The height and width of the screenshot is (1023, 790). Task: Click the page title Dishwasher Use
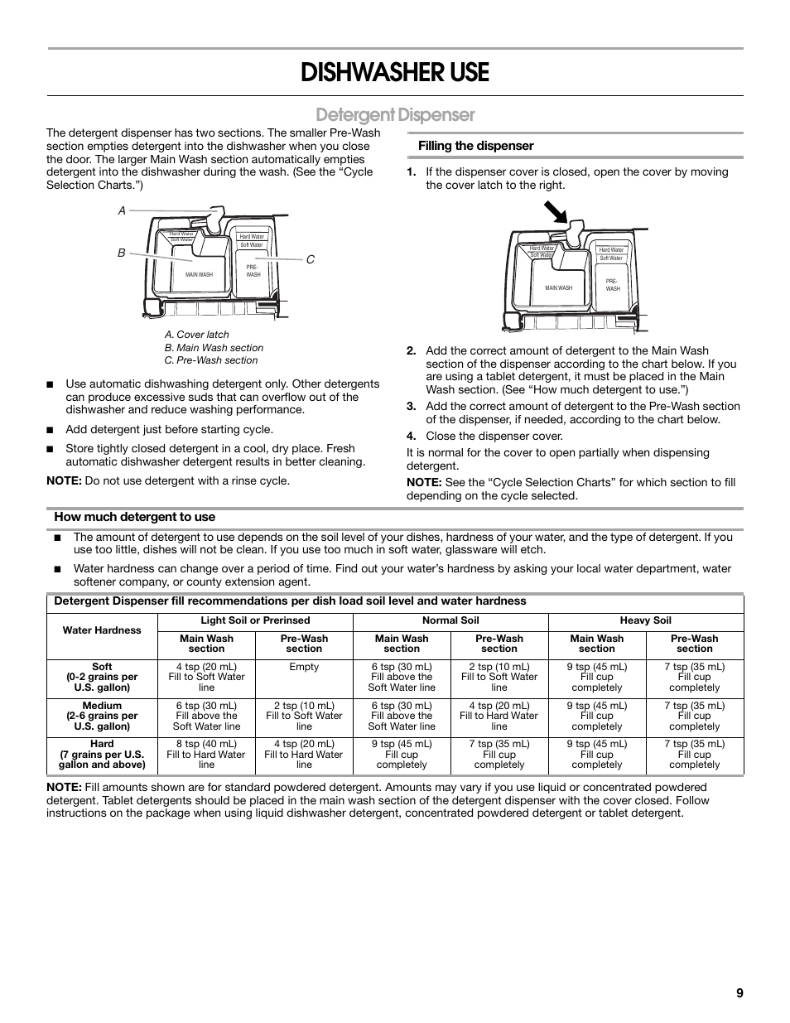pos(395,73)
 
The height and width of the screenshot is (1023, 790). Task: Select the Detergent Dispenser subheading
pos(395,114)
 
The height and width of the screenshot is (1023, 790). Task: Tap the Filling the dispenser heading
pos(475,146)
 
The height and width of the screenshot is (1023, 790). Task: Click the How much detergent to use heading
pos(134,517)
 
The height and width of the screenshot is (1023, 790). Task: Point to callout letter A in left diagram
pos(122,211)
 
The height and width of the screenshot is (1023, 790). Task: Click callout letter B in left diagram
pos(121,253)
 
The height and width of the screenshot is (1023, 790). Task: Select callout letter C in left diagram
pos(311,259)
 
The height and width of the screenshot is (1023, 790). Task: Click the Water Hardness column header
pos(102,630)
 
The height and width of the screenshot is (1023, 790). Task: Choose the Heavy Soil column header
pos(645,620)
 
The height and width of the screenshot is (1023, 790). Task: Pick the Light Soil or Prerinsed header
pos(255,620)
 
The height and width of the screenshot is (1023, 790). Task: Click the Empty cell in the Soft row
pos(304,667)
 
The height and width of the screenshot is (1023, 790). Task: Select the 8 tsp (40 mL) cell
pos(206,744)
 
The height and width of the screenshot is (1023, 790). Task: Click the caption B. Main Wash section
pos(214,348)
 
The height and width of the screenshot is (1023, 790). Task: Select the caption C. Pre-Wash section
pos(210,360)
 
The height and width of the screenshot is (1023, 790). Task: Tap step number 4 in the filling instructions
pos(410,437)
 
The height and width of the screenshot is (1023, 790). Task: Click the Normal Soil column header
pos(450,620)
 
